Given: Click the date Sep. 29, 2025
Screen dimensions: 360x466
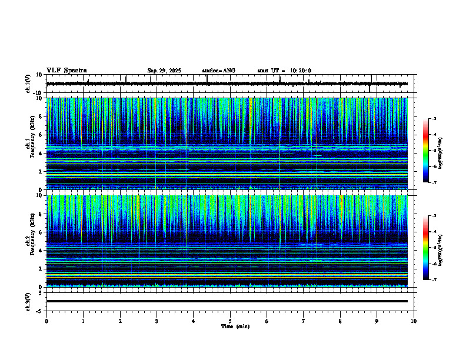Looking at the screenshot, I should click(x=164, y=71).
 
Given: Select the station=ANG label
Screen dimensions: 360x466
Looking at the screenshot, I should click(x=219, y=71).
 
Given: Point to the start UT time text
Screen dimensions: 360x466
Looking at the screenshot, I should click(x=284, y=71).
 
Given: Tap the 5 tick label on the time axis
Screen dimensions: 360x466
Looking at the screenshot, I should click(x=230, y=321).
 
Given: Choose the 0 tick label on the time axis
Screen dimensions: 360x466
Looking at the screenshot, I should click(x=46, y=321).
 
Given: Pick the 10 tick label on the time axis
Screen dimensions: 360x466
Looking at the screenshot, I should click(x=414, y=321).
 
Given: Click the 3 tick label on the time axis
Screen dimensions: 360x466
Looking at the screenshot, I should click(x=157, y=321).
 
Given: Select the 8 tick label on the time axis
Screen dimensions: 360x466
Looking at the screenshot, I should click(x=340, y=321).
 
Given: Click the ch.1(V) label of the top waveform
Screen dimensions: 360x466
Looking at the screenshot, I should click(x=28, y=84).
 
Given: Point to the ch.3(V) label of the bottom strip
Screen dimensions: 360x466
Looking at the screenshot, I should click(x=28, y=301).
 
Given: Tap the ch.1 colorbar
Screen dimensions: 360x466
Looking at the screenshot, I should click(x=425, y=150).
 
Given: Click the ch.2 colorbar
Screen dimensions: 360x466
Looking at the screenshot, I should click(x=425, y=247).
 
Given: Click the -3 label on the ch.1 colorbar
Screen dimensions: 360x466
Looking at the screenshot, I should click(x=433, y=119).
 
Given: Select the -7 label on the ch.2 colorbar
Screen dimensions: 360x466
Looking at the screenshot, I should click(x=433, y=279).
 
